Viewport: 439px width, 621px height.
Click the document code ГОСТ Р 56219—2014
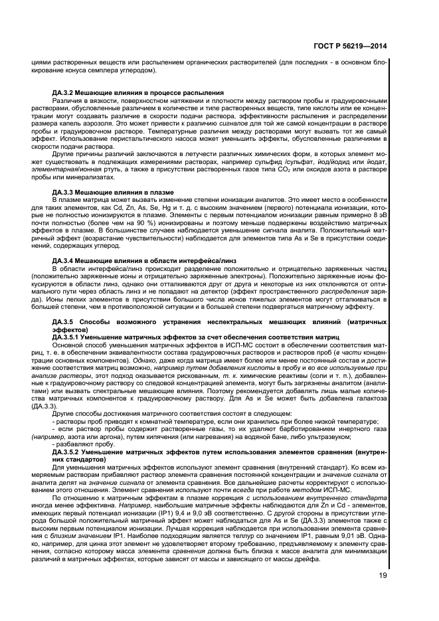[x=349, y=47]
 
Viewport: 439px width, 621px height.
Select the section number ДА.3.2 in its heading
[x=65, y=92]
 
